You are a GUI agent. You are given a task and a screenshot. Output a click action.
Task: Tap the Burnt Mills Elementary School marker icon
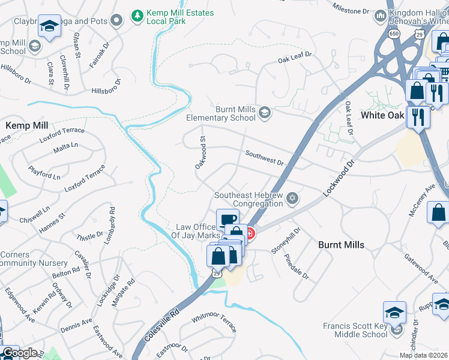click(x=265, y=112)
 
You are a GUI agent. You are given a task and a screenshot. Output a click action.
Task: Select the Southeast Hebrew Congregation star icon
click(x=292, y=198)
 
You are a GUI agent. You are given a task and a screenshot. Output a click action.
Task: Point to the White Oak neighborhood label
click(x=385, y=115)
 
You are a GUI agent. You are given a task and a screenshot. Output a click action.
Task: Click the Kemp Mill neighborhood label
click(x=26, y=125)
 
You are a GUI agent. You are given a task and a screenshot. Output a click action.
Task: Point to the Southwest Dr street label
click(x=264, y=158)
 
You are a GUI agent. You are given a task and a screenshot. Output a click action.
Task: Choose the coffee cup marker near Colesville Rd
click(x=228, y=219)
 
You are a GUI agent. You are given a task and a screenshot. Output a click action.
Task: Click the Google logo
click(x=19, y=353)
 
